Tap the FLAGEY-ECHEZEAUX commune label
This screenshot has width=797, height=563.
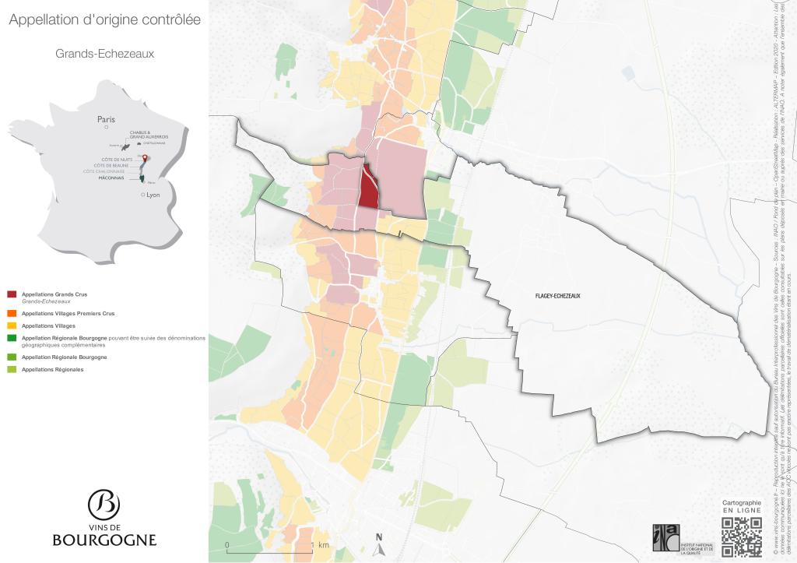[x=558, y=297]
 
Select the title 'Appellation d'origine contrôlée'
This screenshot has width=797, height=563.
[x=104, y=20]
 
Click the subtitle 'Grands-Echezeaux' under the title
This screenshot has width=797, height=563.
[x=105, y=54]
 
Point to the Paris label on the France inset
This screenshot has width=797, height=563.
[x=106, y=119]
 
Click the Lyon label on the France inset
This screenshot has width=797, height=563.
[x=152, y=195]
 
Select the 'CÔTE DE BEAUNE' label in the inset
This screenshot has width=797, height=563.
[x=111, y=165]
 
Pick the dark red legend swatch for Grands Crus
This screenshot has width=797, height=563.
[x=11, y=294]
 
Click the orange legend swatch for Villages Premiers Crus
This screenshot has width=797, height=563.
[x=11, y=313]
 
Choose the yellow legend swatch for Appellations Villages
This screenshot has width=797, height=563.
[x=11, y=325]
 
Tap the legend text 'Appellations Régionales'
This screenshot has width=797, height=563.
[x=52, y=369]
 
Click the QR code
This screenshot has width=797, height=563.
[x=741, y=537]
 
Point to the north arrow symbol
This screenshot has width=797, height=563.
[x=379, y=540]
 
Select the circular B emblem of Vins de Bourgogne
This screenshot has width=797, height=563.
[x=104, y=505]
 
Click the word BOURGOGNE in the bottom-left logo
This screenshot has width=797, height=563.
[x=104, y=540]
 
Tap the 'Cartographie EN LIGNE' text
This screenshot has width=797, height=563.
[x=741, y=507]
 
